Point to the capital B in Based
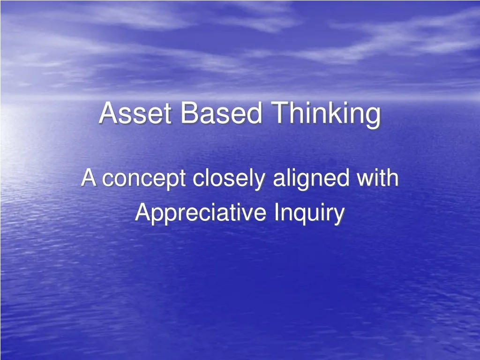187,113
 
